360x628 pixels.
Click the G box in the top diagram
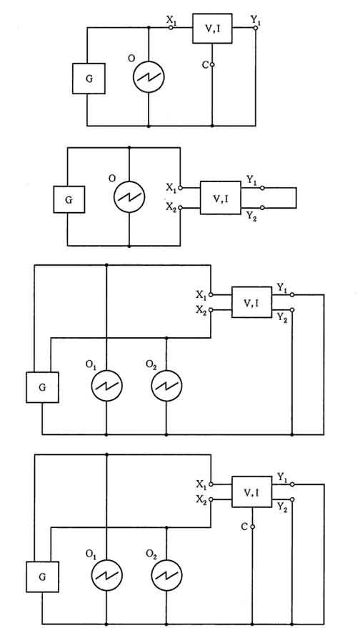(x=89, y=79)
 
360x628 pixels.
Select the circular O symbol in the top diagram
(x=149, y=77)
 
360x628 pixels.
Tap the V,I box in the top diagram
(x=212, y=28)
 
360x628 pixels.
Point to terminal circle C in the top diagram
(x=212, y=64)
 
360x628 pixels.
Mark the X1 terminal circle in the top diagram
(x=171, y=28)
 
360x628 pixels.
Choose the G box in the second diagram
(x=69, y=199)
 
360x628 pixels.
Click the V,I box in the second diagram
(x=221, y=198)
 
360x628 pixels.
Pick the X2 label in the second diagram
(x=171, y=207)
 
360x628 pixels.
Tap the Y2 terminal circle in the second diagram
(x=262, y=208)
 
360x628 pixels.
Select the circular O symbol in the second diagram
(x=129, y=196)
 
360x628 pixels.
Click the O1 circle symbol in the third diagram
(x=106, y=385)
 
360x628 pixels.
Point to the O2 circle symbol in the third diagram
(x=166, y=385)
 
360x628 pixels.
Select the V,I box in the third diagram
(x=251, y=302)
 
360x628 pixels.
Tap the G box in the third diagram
(x=42, y=387)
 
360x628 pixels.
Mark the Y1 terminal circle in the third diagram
(x=292, y=295)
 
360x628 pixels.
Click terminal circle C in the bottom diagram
(x=252, y=527)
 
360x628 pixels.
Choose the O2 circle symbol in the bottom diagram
(x=166, y=575)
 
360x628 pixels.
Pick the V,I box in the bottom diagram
(x=252, y=492)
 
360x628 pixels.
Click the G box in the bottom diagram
(x=42, y=577)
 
